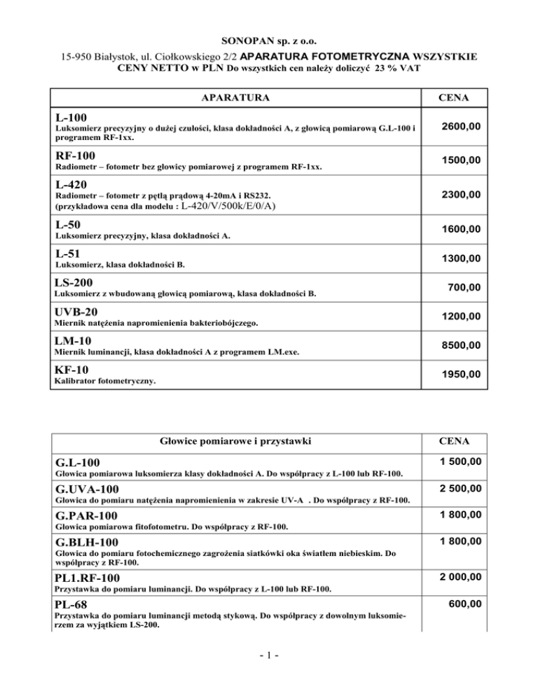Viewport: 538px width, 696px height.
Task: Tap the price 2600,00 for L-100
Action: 460,127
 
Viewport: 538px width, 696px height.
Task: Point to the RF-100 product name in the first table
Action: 77,155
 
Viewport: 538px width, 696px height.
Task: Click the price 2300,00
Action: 460,198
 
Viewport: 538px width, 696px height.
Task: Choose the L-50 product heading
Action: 70,226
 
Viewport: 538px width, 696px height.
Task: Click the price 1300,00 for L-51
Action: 460,260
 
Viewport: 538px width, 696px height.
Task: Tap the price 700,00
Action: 464,287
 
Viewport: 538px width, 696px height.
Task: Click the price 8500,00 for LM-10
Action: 460,345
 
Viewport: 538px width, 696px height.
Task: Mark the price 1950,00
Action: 460,375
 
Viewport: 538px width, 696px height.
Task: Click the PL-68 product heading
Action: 73,604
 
